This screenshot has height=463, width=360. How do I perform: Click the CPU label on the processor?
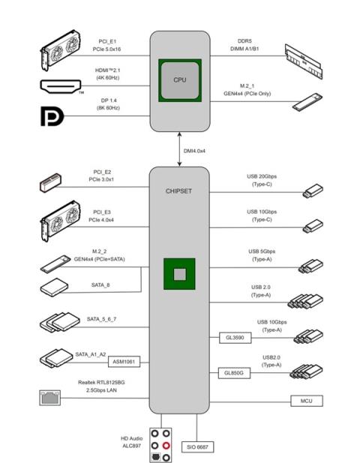tap(179, 80)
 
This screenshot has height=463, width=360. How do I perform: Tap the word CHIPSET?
tap(178, 191)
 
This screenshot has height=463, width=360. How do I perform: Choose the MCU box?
tap(306, 401)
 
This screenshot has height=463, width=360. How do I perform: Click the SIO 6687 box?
tap(196, 446)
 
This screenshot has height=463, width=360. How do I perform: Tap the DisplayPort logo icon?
tap(52, 117)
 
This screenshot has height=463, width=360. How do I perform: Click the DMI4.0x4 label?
tap(197, 151)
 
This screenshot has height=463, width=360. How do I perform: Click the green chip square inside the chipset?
tap(178, 274)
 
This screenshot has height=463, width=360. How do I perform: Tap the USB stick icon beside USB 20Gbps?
tap(312, 191)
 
